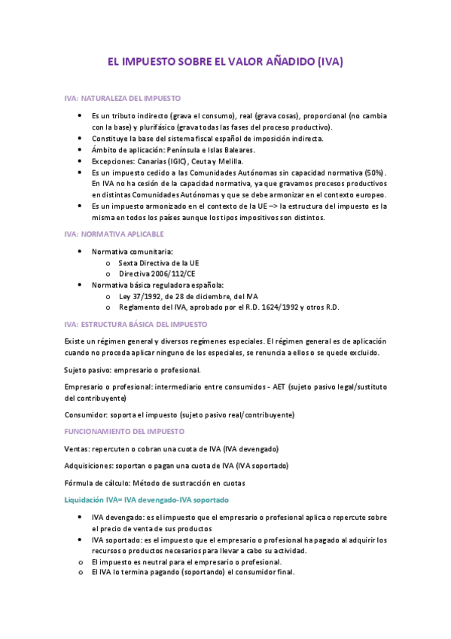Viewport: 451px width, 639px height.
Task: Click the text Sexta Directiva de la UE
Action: (159, 263)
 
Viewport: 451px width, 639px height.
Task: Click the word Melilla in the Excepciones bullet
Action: (230, 161)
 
